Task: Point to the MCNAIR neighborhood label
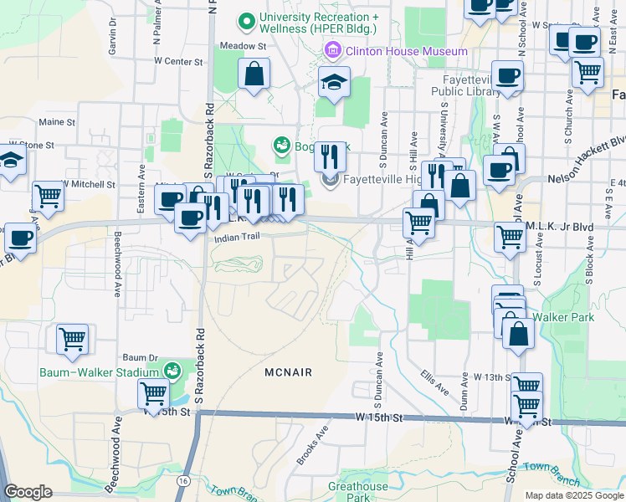pos(287,372)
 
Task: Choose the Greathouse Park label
pos(358,491)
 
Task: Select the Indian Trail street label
pos(239,238)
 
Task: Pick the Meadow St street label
pos(242,46)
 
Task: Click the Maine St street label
pos(57,122)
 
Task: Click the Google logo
pos(28,491)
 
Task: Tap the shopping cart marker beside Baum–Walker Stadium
pos(154,392)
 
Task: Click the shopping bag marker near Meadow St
pos(254,74)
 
